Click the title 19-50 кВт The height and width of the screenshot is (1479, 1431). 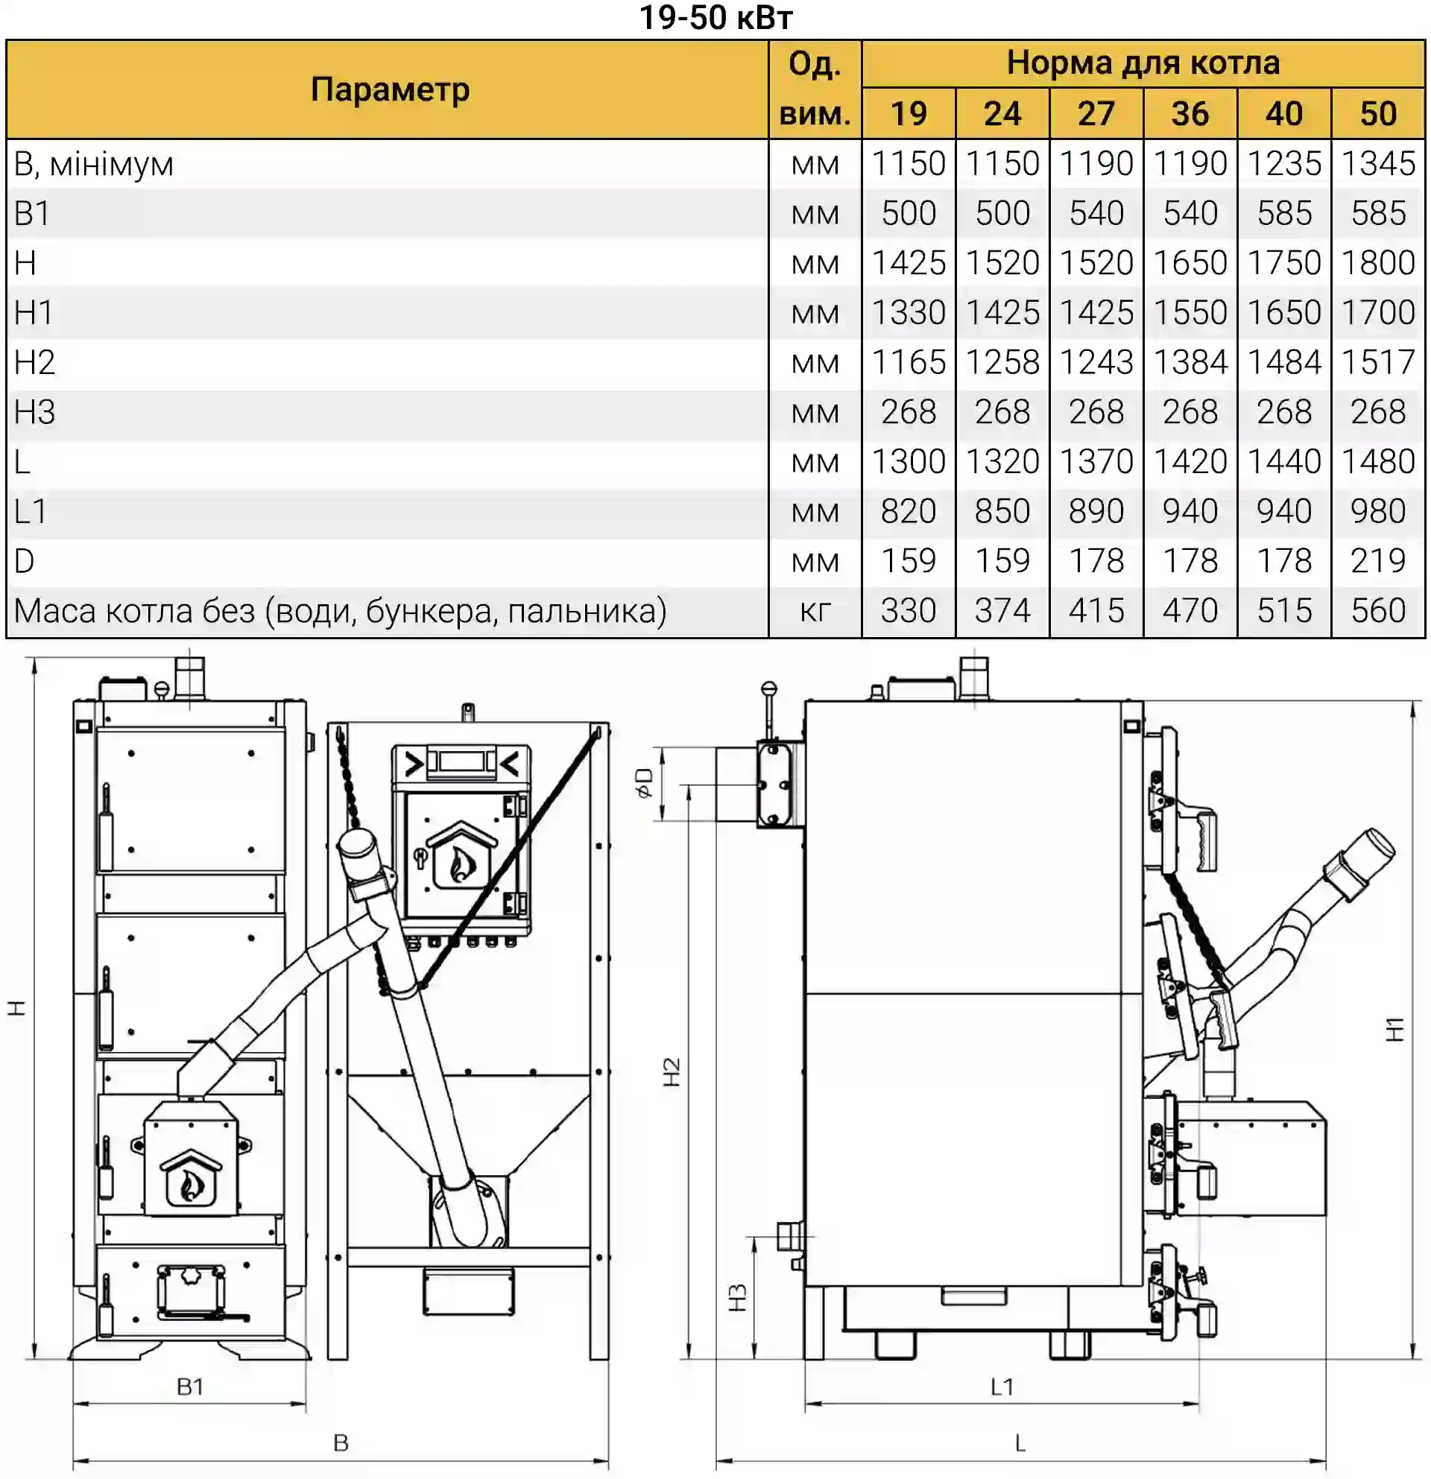coord(715,17)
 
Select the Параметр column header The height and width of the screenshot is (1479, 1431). coord(390,90)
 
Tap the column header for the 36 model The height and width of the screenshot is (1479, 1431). coord(1190,113)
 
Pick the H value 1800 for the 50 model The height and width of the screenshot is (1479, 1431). coord(1377,262)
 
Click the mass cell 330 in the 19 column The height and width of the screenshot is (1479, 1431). coord(908,610)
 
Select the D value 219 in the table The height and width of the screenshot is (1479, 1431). coord(1377,560)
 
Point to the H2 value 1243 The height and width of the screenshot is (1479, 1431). coord(1096,362)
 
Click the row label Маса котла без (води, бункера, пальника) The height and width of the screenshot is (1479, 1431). coord(341,611)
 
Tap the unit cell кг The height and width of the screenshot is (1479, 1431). coord(815,611)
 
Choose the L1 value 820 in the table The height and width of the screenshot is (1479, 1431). coord(908,511)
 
